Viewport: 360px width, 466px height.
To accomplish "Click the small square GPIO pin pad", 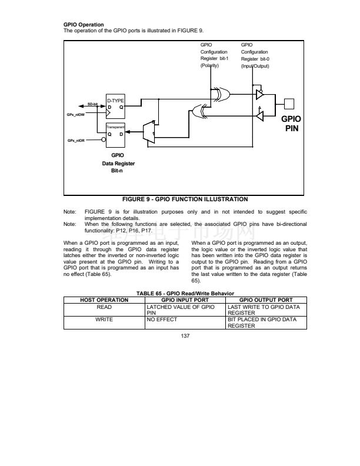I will (289, 104).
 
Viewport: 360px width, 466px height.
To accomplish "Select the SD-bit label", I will (92, 104).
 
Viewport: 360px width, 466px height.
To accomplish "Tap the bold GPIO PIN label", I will (292, 123).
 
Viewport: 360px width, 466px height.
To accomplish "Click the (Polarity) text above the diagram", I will (210, 66).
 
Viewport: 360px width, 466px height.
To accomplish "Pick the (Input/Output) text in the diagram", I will (255, 66).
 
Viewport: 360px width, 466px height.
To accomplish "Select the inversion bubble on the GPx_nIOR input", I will (104, 141).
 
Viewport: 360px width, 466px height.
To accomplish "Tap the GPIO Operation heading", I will (84, 25).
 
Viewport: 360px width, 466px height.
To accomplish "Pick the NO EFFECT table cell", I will (162, 321).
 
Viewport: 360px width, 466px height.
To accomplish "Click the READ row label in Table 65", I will (104, 307).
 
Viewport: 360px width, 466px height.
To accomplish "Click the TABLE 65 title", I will (185, 293).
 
